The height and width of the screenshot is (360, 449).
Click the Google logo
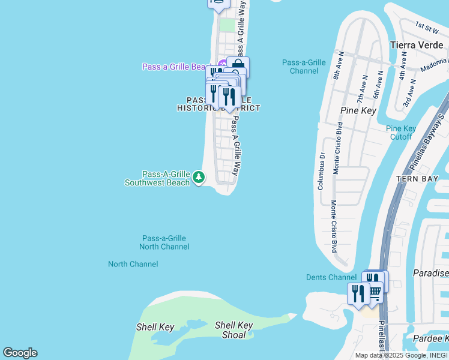20,353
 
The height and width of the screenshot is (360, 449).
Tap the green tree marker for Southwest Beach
199,177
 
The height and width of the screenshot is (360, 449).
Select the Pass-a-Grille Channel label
304,67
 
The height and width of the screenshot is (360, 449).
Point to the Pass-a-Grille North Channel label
164,242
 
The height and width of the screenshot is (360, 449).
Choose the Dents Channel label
331,277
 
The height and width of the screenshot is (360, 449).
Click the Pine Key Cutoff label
401,133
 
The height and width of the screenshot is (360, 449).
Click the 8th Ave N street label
337,65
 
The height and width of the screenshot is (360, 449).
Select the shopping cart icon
375,292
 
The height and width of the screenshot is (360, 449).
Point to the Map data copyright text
400,355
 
